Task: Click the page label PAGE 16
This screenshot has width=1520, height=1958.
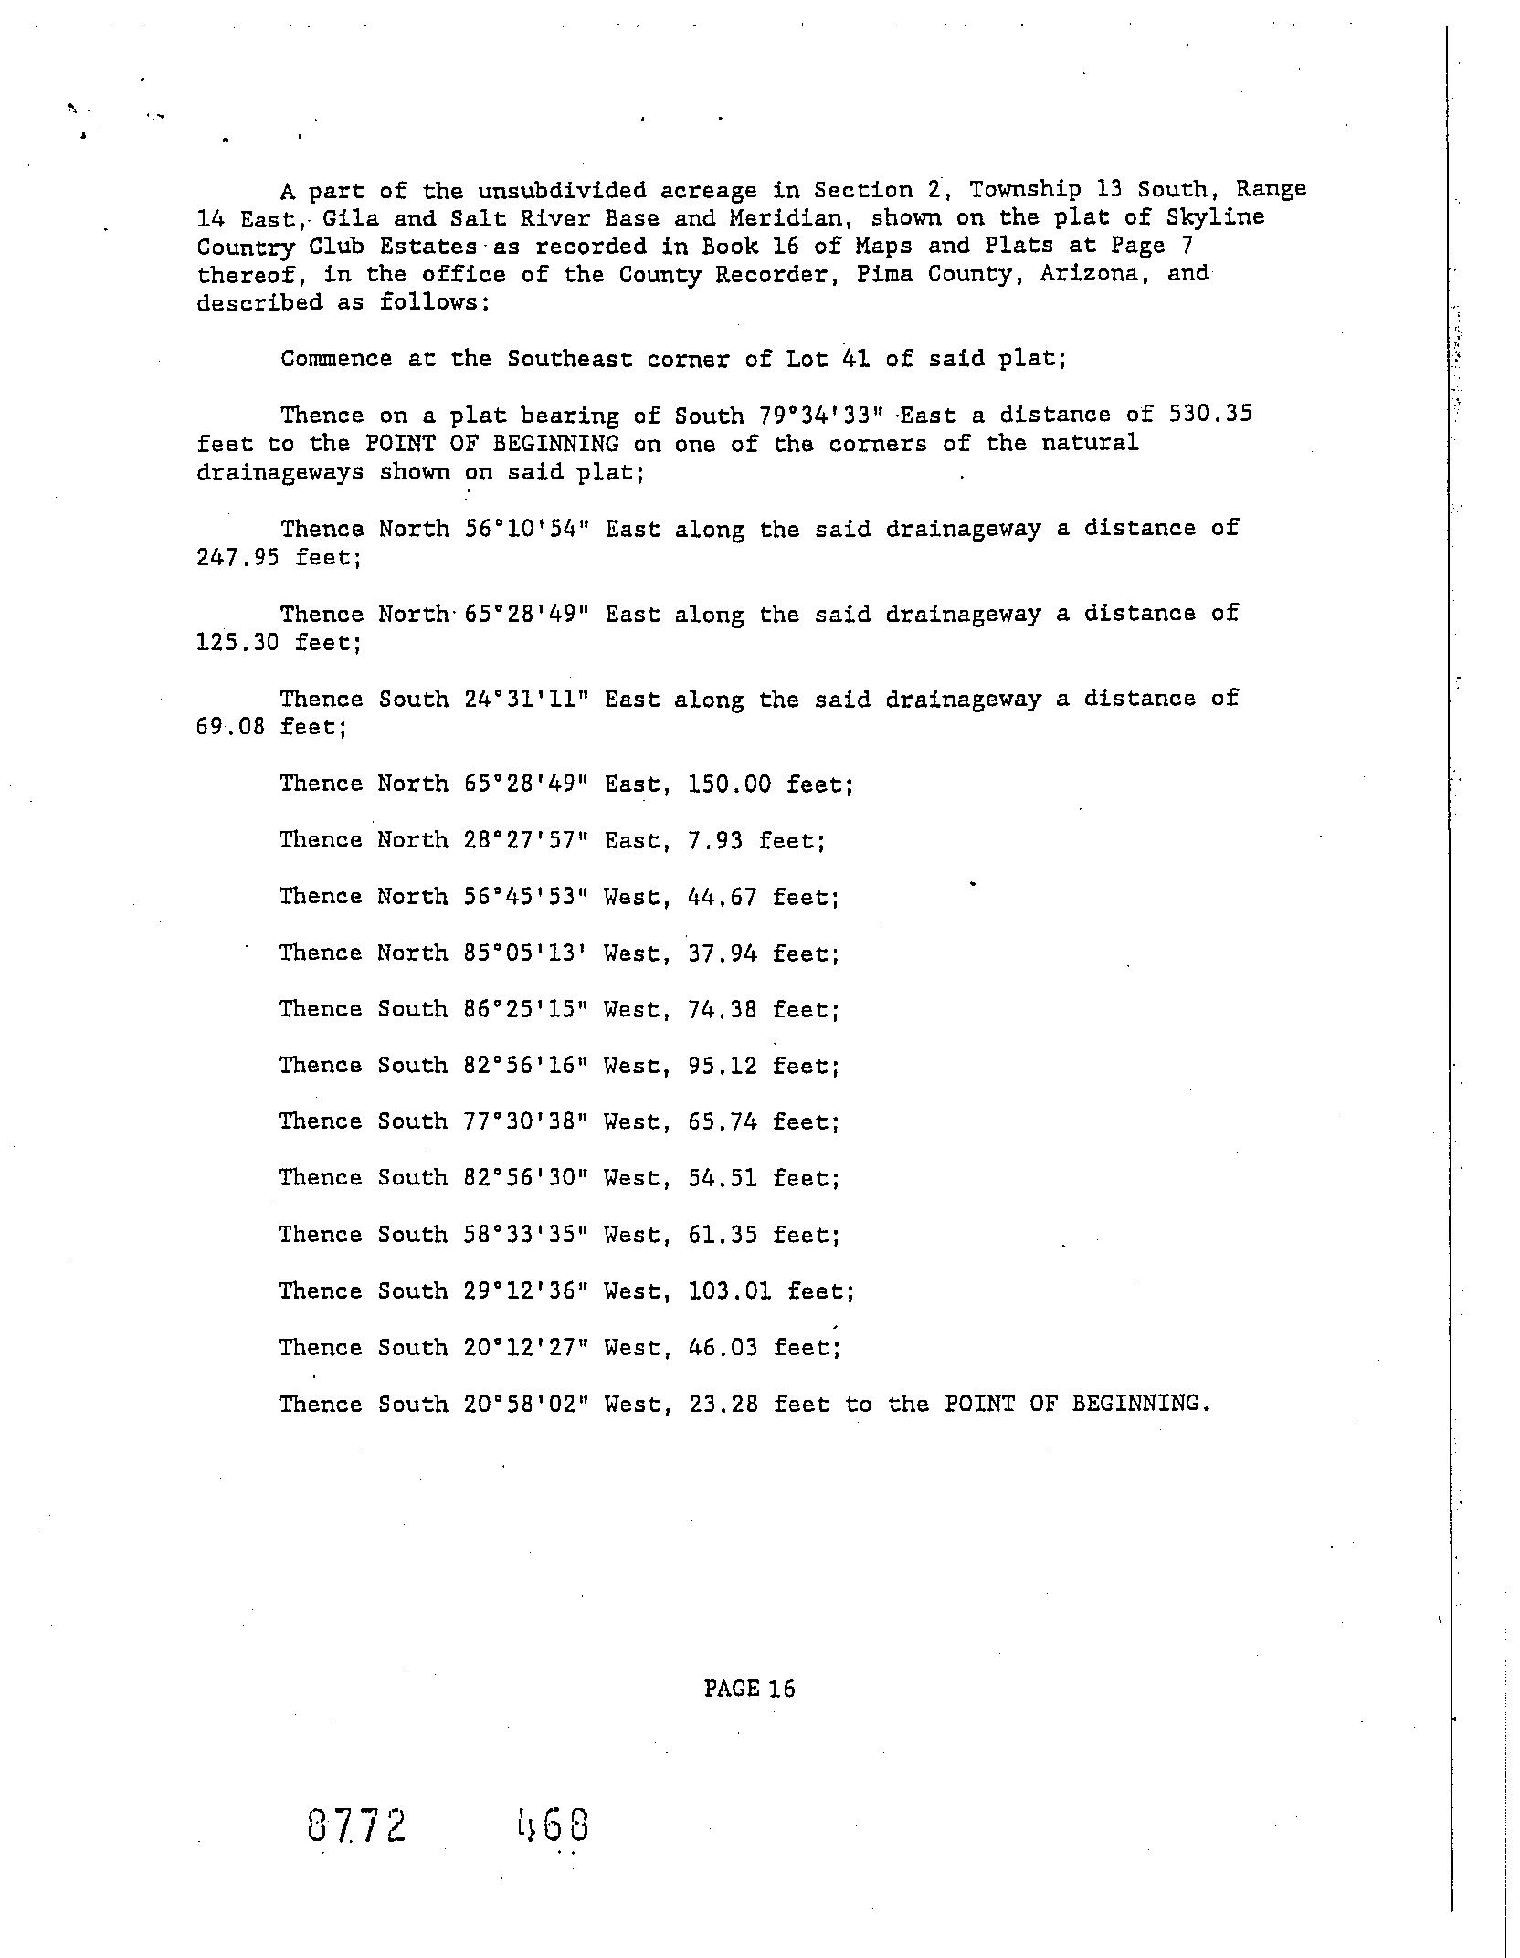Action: (749, 1689)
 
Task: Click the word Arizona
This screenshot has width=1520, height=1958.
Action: (1092, 274)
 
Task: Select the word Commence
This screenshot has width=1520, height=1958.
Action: (336, 358)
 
